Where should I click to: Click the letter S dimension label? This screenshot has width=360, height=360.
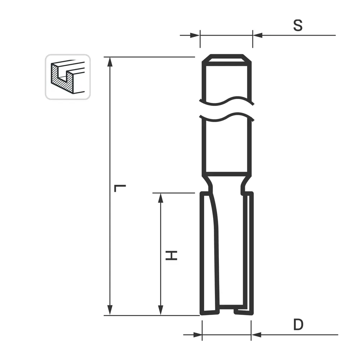click(x=298, y=26)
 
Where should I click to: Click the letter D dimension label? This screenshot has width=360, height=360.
click(x=298, y=325)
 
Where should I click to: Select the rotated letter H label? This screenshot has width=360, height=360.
click(x=172, y=256)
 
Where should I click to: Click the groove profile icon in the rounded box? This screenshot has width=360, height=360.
click(x=68, y=77)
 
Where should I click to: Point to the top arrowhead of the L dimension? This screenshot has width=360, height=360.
click(x=110, y=62)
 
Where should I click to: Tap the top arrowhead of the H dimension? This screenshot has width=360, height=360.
click(x=161, y=198)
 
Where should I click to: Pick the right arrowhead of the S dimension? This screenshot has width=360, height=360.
click(x=258, y=35)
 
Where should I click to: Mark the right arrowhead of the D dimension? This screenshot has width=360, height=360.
click(x=256, y=335)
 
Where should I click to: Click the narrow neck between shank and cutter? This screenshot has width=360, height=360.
click(x=226, y=184)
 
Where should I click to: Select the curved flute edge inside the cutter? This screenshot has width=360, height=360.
click(x=215, y=223)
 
